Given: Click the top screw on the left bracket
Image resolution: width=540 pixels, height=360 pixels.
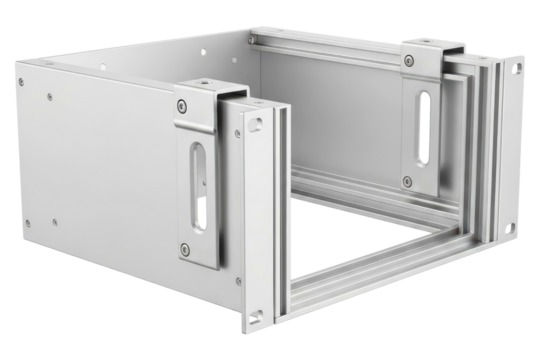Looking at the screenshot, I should click(181, 107).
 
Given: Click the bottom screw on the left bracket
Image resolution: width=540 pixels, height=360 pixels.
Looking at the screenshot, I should click(185, 249).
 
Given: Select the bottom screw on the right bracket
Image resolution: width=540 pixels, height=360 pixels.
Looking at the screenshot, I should click(407, 181).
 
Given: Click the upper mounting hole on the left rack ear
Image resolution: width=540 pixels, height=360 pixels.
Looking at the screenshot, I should click(258, 123).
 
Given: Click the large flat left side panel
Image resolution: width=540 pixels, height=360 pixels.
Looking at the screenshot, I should click(100, 170).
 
